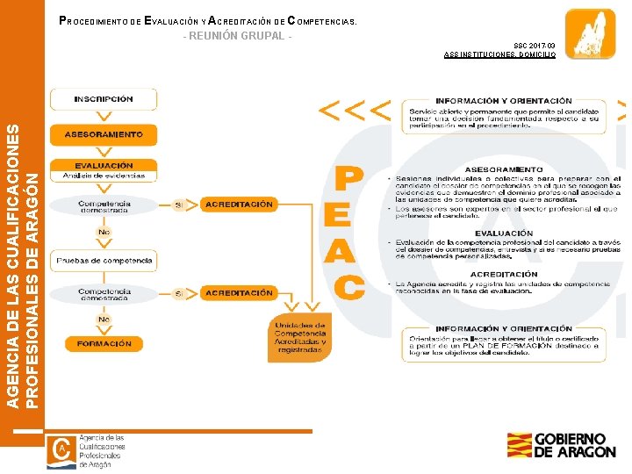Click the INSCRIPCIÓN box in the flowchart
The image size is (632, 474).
[104, 99]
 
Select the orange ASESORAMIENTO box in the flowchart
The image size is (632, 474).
[104, 134]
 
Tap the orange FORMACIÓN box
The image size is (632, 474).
[104, 344]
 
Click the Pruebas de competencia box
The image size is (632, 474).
[104, 261]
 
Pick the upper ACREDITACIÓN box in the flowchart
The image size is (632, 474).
[239, 205]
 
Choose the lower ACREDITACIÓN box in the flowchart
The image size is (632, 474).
[239, 293]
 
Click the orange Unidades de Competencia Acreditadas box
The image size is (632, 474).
[300, 337]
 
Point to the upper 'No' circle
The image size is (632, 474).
[104, 233]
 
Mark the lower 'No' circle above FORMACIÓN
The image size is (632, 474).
[104, 320]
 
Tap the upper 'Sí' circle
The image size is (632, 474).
[180, 205]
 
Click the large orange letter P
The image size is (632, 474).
[349, 180]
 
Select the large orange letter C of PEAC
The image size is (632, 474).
[349, 287]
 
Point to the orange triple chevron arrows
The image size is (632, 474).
[355, 111]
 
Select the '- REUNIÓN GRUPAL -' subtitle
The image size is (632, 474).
[235, 36]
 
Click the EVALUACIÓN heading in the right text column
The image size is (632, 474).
[504, 233]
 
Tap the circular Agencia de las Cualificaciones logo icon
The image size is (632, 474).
[62, 449]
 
